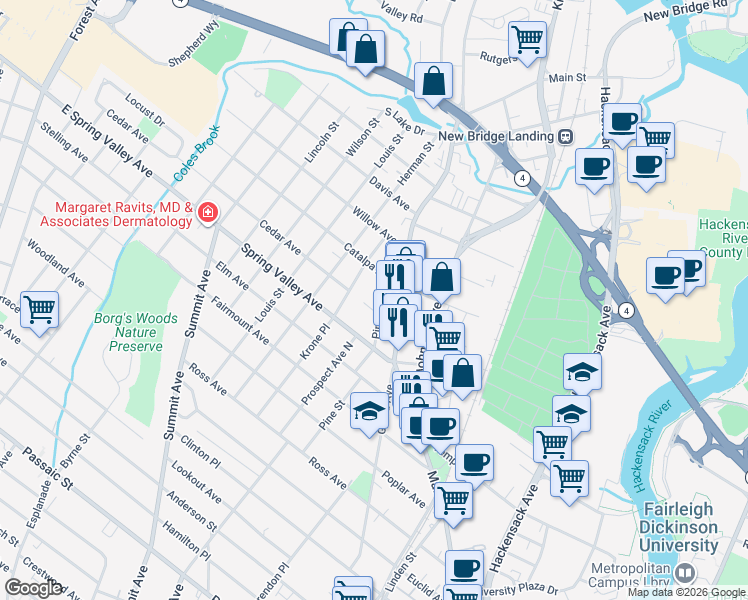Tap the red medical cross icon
tap(207, 212)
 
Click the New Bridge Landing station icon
tap(565, 136)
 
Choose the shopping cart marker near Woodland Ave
tap(39, 309)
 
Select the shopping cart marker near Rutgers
tap(527, 40)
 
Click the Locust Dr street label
tap(145, 110)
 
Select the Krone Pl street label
tap(314, 341)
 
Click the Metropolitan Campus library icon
tap(685, 573)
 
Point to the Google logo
tap(32, 588)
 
